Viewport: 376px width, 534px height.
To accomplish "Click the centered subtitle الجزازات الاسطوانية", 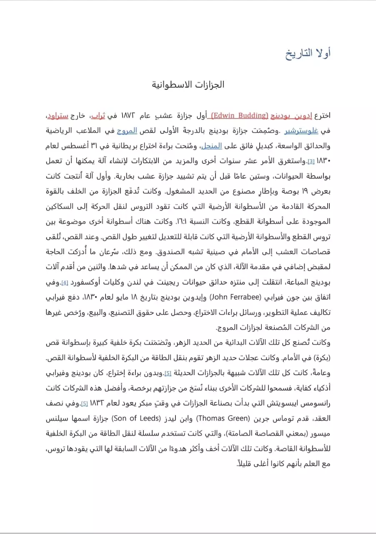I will (x=188, y=85).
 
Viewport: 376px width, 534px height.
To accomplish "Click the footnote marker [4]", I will (x=65, y=283).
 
